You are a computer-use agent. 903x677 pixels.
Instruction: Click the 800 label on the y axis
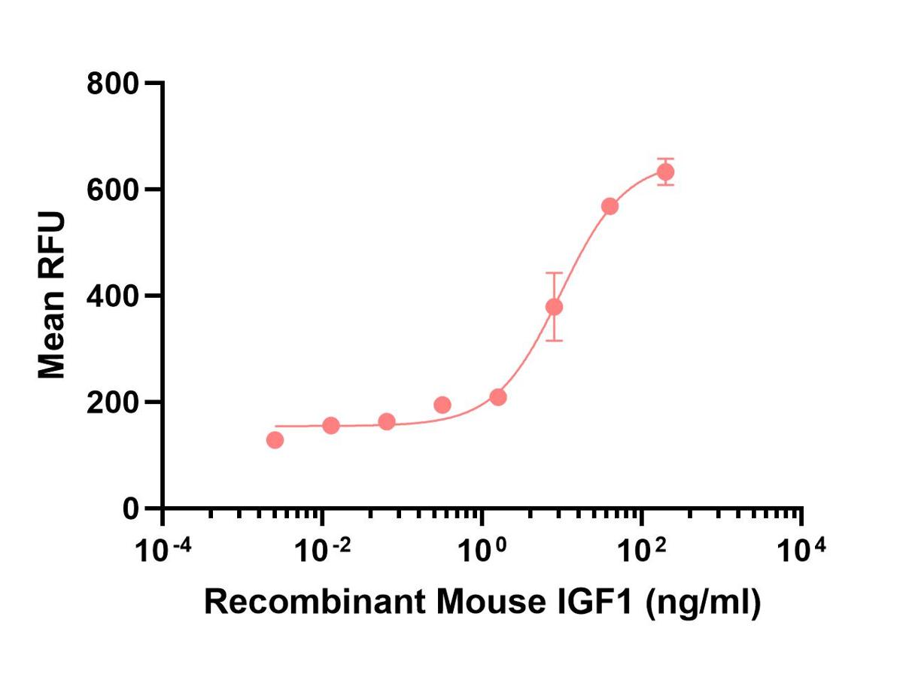111,84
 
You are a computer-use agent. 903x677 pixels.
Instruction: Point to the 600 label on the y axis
111,190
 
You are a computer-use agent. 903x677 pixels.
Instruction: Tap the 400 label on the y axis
111,296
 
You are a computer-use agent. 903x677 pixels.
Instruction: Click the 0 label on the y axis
131,509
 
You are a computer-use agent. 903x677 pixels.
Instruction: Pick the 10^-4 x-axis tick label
163,550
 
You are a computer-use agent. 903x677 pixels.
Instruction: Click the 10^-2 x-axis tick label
323,550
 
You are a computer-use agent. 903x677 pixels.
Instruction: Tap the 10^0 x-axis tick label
482,550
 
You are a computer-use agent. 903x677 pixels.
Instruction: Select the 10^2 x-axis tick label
642,550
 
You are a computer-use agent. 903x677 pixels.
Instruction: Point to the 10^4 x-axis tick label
802,550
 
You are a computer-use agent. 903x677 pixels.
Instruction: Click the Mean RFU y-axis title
51,296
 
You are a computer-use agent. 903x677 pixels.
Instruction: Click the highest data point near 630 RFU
665,172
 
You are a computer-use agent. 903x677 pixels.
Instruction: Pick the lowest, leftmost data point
275,440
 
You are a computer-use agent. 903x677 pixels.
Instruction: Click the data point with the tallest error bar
554,307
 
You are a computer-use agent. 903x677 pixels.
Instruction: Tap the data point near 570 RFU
610,206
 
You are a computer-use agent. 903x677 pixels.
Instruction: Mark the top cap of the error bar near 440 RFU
554,272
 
